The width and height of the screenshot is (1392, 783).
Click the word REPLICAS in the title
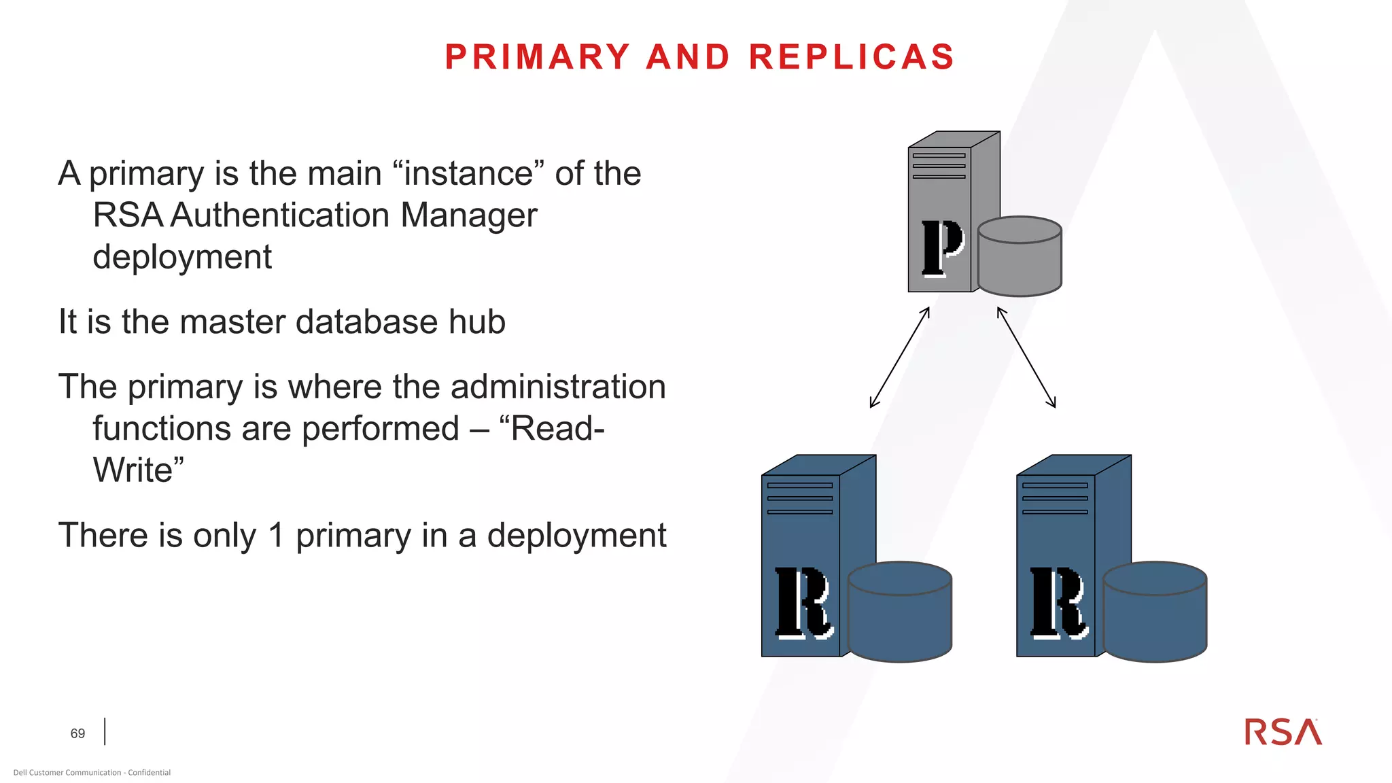point(852,57)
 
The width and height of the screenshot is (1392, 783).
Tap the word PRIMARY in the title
point(538,57)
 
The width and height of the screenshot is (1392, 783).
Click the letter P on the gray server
point(942,247)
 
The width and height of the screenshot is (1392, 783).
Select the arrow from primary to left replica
point(899,358)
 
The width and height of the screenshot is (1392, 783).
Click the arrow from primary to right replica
point(1026,358)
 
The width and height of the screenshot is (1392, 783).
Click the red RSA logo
point(1283,732)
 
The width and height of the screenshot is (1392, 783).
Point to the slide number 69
point(77,734)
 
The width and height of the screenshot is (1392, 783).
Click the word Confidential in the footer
point(150,773)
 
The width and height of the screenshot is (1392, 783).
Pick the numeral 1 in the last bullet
point(276,536)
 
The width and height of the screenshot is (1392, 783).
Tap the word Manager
point(469,215)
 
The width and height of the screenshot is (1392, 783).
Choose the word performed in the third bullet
point(381,429)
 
